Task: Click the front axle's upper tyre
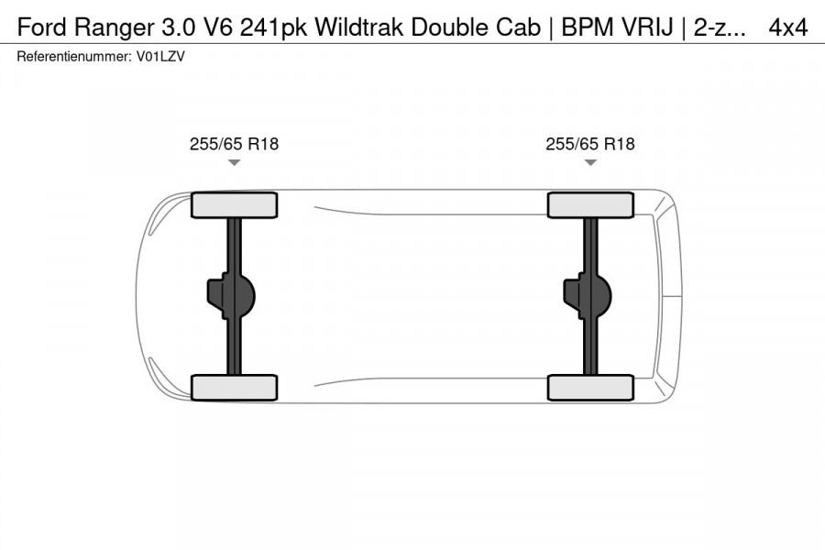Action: tap(234, 205)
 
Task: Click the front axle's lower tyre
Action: tap(234, 387)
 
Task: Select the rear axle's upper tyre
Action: tap(590, 205)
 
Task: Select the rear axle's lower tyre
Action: tap(590, 387)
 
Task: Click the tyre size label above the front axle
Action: tap(234, 144)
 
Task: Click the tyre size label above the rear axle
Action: tap(590, 144)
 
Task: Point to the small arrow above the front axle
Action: tap(234, 162)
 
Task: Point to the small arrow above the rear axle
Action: tap(590, 162)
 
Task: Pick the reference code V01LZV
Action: tap(160, 57)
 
